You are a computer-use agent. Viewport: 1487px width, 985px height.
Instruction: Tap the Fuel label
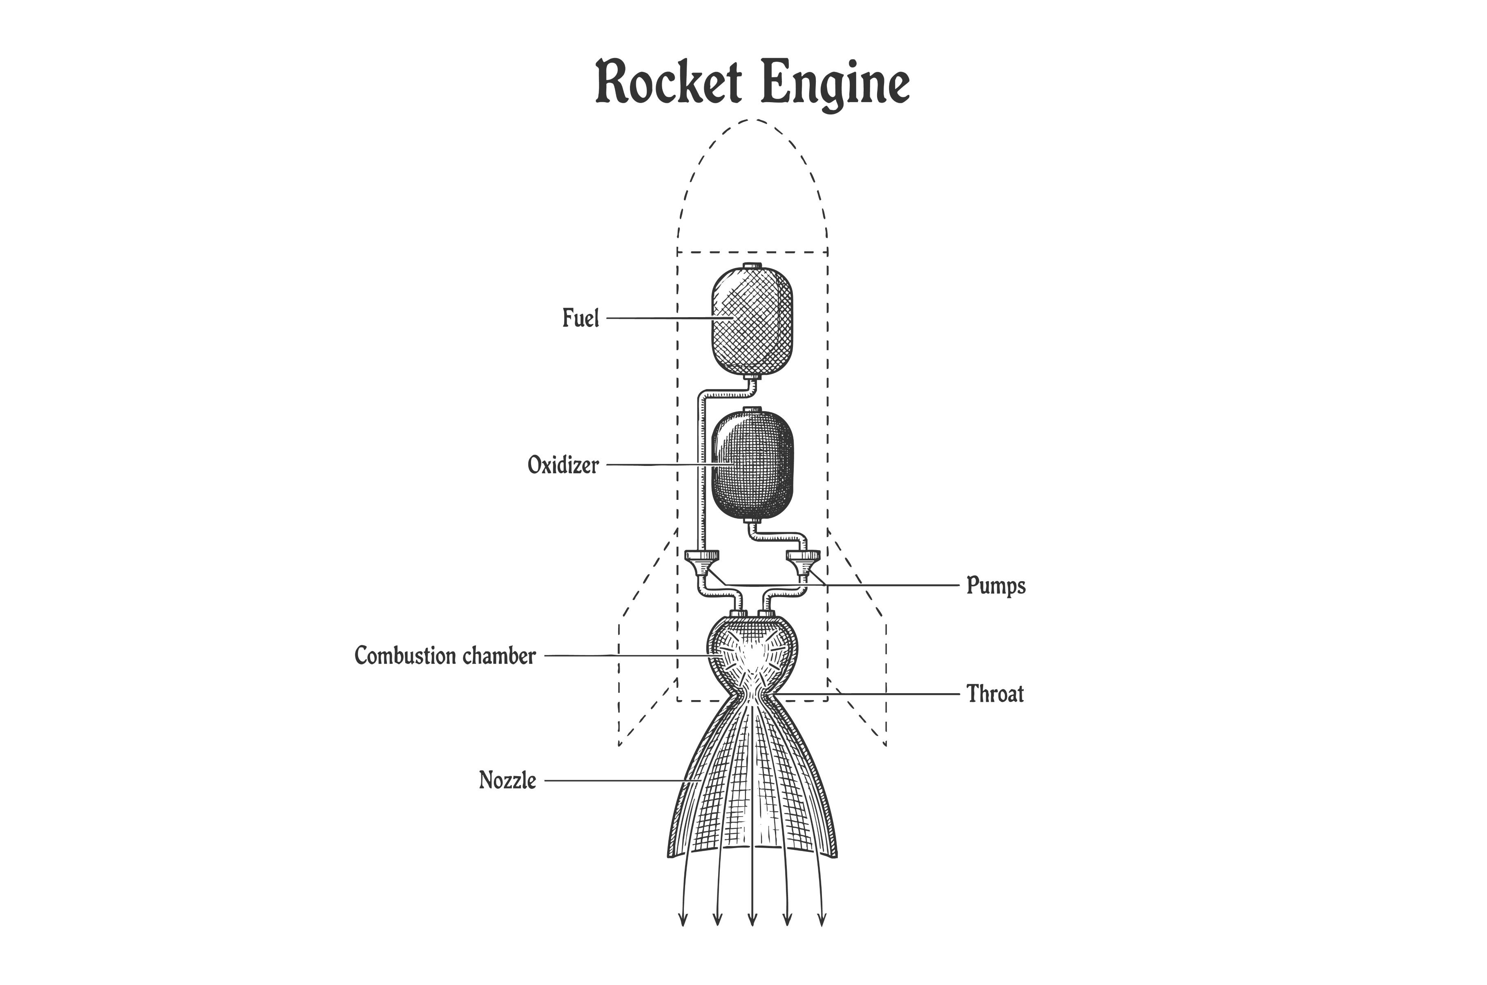(580, 318)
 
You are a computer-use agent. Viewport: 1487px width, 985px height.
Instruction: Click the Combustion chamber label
(445, 656)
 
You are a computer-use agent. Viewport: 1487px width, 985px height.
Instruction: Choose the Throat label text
(995, 694)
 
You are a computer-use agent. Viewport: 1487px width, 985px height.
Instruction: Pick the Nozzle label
(507, 781)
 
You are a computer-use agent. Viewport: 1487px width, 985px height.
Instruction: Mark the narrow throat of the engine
(752, 695)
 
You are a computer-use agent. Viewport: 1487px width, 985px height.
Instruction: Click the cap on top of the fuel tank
(752, 266)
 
